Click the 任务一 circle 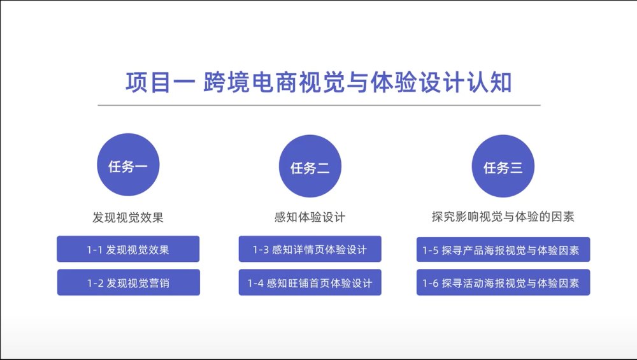click(128, 164)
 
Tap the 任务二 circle click(310, 166)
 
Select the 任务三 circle click(503, 166)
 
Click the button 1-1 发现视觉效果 click(128, 249)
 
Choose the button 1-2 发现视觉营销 click(129, 282)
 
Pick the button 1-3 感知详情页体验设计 click(310, 249)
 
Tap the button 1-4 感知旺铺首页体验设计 click(310, 282)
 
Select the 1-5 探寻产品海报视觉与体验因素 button click(503, 250)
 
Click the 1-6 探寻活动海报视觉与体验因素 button click(503, 282)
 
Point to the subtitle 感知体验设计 click(310, 217)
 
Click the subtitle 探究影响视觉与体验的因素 click(503, 217)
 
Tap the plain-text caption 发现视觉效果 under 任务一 click(128, 217)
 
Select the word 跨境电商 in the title click(250, 82)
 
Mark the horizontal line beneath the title click(319, 105)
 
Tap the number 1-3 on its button click(261, 250)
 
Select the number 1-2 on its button click(95, 283)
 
